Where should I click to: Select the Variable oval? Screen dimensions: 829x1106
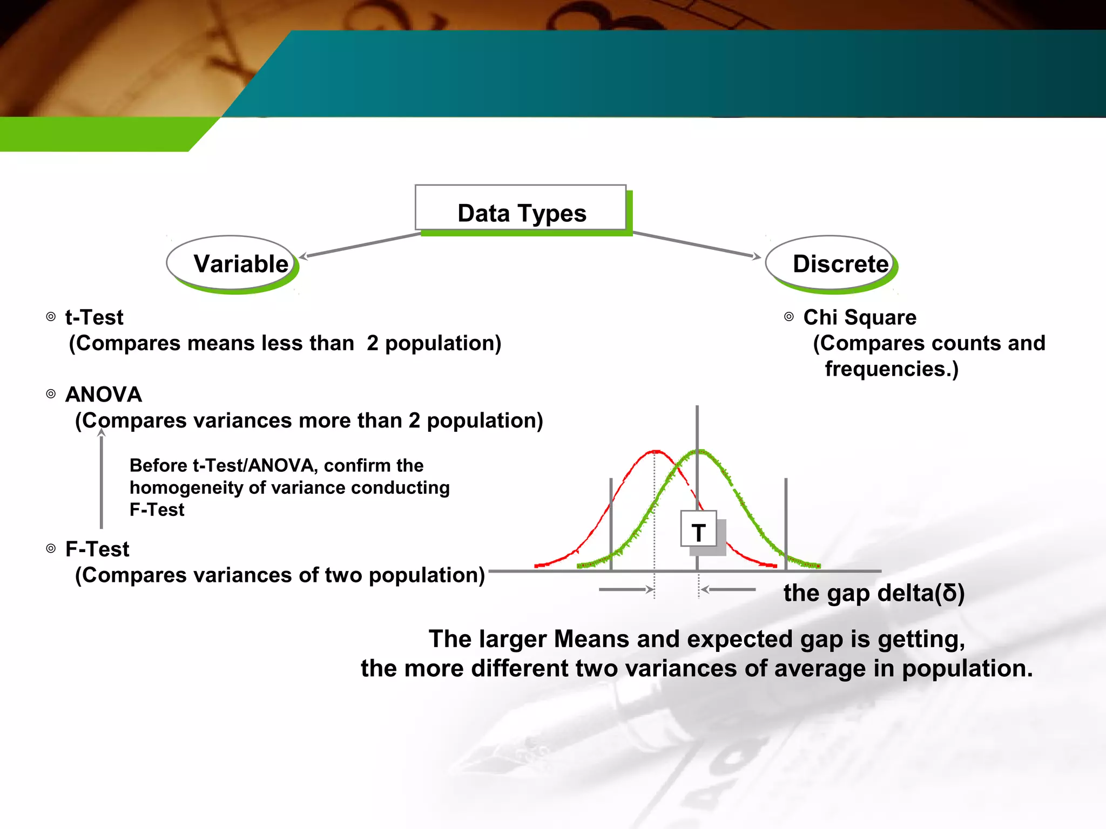[x=232, y=263]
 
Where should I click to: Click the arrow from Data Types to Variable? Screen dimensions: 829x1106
[x=360, y=245]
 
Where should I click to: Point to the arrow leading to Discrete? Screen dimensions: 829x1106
[x=697, y=244]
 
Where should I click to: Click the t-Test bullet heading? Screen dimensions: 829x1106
[x=94, y=317]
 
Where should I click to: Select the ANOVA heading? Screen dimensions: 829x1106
[x=103, y=395]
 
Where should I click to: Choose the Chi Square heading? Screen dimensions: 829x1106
[x=859, y=317]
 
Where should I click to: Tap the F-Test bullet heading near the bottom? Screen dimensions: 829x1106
[x=97, y=549]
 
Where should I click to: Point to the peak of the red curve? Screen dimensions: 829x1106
[x=655, y=451]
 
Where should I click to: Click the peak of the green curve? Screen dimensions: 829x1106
[x=699, y=450]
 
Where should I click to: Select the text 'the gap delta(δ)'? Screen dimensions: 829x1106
[x=873, y=593]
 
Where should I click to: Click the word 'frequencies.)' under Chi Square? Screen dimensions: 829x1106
[x=891, y=369]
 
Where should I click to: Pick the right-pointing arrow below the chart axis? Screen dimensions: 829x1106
[x=626, y=589]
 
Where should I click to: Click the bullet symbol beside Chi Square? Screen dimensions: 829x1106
[x=789, y=317]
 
